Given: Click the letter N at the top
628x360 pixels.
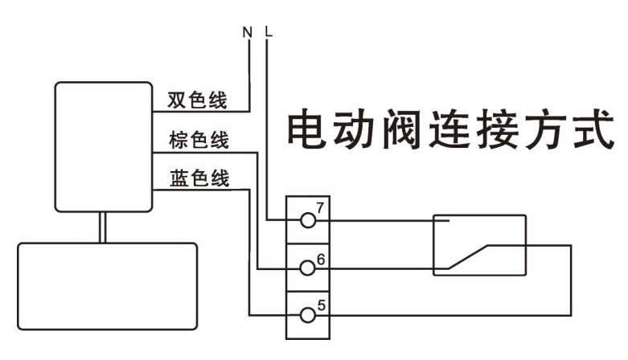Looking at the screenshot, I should [248, 34].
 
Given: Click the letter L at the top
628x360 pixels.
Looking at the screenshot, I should [269, 34].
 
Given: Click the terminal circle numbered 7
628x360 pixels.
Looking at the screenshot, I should [306, 219].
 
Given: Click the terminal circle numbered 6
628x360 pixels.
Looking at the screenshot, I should [306, 268].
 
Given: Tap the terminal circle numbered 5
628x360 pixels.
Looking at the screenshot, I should [306, 314].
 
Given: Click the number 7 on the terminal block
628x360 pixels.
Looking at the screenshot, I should [320, 208].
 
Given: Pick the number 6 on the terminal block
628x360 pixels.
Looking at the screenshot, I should [320, 259].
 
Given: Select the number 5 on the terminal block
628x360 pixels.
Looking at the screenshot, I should [321, 305].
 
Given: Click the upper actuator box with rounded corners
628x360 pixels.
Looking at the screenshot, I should [102, 146].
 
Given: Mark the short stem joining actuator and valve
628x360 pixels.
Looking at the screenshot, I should [103, 227].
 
